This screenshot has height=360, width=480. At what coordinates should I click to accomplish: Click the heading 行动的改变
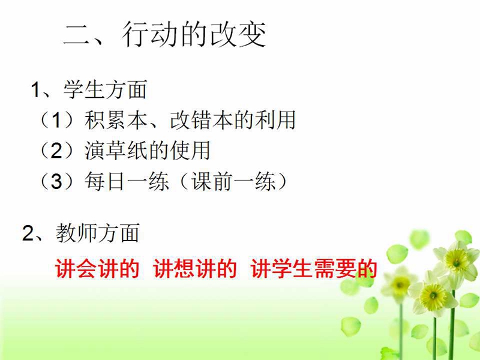tap(194, 34)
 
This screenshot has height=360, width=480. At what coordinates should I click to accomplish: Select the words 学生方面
tap(106, 89)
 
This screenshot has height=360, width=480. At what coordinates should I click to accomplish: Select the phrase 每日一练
tap(127, 181)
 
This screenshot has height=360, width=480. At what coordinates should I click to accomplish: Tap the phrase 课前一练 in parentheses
tap(233, 181)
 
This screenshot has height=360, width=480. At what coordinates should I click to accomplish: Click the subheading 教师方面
tap(98, 233)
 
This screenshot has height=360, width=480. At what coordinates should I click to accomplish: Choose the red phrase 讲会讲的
tap(97, 269)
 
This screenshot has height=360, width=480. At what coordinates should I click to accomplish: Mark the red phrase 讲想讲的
tap(195, 269)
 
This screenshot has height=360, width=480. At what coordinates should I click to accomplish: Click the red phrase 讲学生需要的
tap(313, 269)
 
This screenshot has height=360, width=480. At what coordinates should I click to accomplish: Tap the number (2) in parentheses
tap(56, 151)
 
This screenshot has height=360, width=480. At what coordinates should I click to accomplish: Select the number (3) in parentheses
tap(56, 181)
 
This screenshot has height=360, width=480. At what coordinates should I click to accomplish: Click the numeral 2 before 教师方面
tap(28, 233)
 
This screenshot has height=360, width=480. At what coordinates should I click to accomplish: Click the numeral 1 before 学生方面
tap(35, 90)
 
